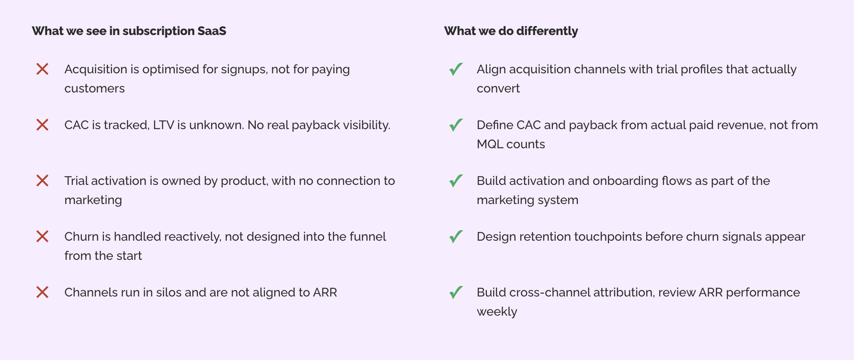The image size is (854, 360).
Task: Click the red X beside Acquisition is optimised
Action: pos(42,69)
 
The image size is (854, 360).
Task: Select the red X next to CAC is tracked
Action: pos(42,125)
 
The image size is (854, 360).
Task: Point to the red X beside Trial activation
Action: pos(42,181)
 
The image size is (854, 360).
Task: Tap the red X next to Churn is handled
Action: pos(42,237)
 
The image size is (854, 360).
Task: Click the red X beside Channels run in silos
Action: pos(42,292)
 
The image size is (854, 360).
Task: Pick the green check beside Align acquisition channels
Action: pos(456,69)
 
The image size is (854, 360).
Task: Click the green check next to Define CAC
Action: pos(456,125)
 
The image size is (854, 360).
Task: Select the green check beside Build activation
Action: pos(456,181)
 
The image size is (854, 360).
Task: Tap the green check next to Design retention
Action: pos(456,237)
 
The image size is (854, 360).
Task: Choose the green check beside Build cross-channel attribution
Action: pos(456,292)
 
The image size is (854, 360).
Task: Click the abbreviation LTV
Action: pos(163,125)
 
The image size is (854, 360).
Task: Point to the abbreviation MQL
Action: pos(490,144)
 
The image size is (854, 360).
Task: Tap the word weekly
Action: pos(497,312)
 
